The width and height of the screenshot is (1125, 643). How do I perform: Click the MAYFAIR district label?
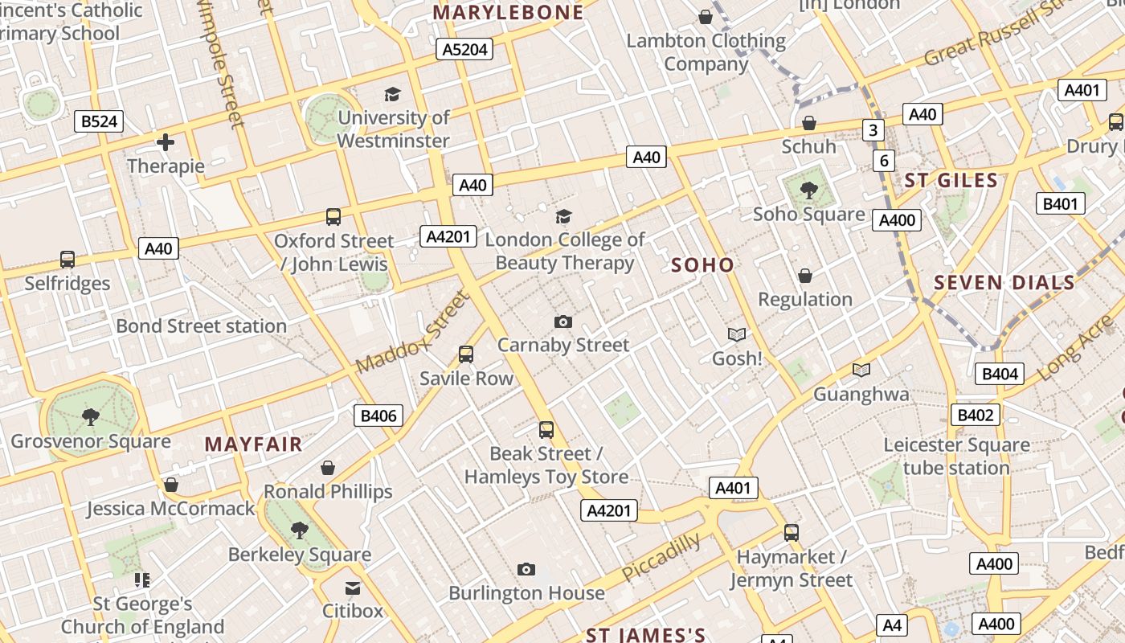pos(253,444)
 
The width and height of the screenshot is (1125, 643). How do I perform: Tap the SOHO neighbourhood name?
pos(702,264)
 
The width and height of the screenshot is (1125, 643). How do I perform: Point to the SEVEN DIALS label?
pos(1004,282)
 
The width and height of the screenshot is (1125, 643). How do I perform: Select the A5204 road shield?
pos(465,50)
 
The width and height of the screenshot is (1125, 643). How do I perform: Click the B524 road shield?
pos(100,121)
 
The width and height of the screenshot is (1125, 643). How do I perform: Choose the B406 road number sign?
pos(378,416)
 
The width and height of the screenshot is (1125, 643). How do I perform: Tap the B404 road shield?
pos(1000,373)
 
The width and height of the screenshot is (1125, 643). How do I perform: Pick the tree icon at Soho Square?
pos(809,190)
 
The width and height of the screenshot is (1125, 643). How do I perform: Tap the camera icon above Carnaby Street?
pos(563,321)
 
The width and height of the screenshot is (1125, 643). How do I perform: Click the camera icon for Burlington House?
pos(526,569)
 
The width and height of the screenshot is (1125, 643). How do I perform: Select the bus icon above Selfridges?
pos(67,260)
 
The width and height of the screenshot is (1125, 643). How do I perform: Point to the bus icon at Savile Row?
pos(465,354)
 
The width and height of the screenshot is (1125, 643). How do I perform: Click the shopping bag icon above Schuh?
pos(809,123)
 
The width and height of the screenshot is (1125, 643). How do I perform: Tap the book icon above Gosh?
pos(737,334)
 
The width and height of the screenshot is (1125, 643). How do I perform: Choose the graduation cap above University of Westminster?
pos(392,94)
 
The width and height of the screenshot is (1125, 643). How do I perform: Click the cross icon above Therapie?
pos(166,143)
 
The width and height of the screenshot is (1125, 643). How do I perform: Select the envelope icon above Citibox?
pos(353,588)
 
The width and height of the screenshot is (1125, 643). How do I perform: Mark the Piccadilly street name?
pos(661,557)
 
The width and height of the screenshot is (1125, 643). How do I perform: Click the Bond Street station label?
pos(201,326)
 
